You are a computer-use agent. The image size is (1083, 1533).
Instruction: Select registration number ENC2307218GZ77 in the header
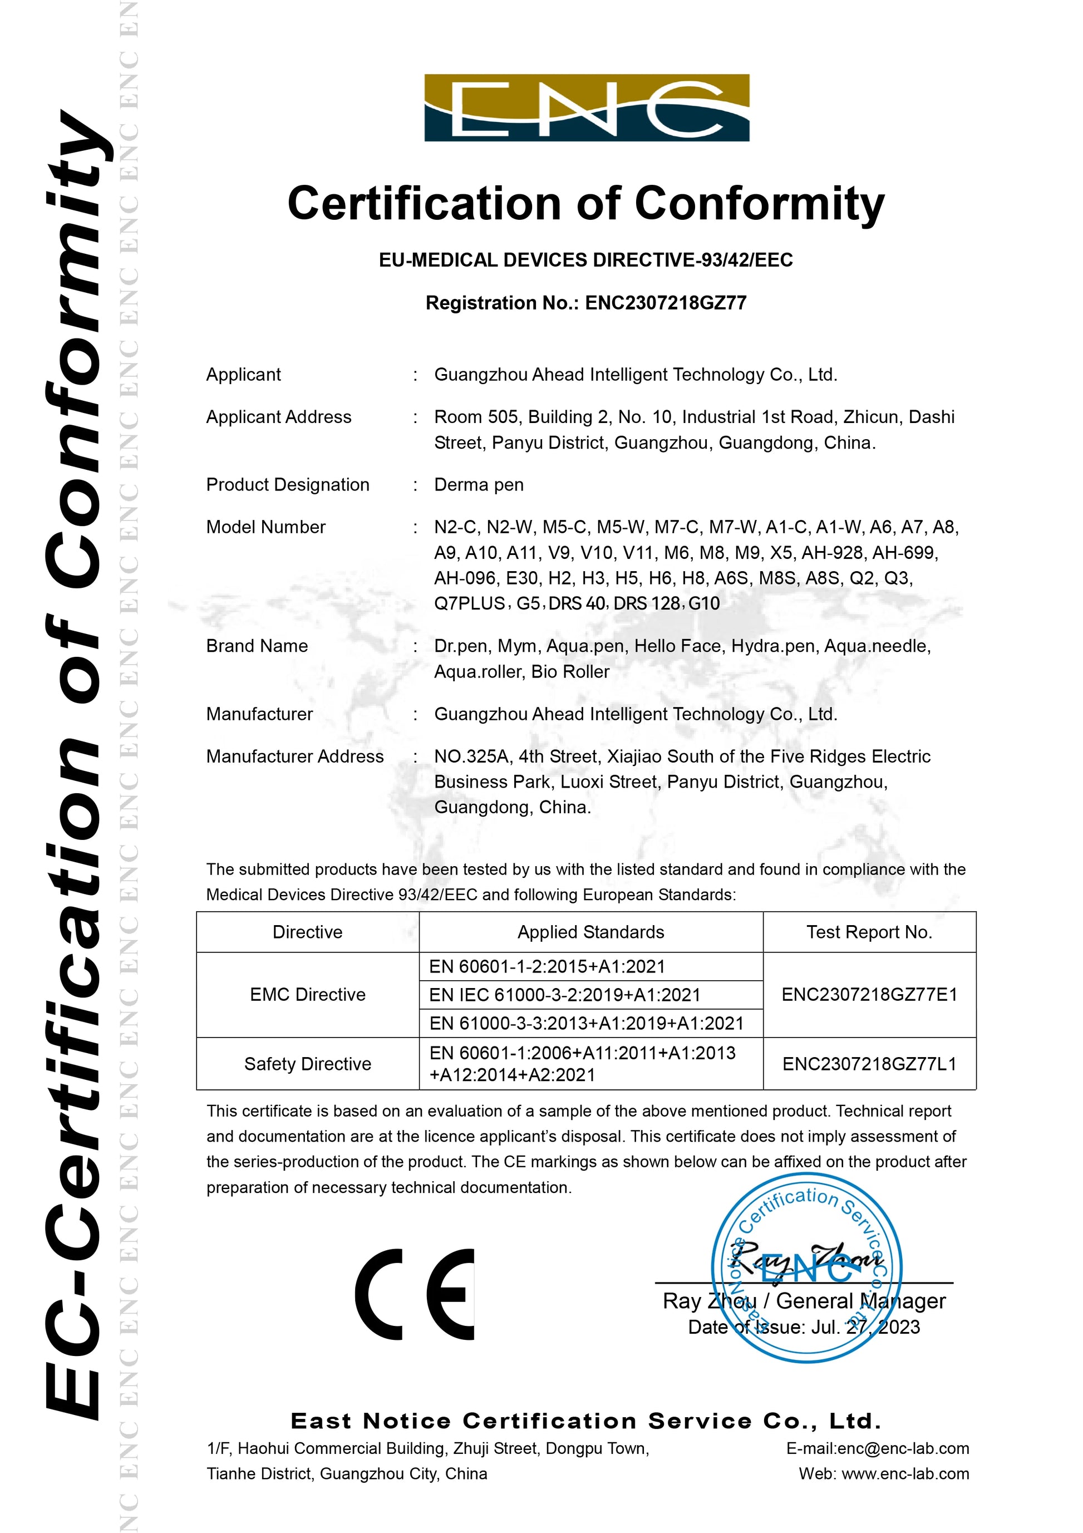[x=666, y=303]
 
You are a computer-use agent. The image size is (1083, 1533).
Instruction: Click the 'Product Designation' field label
[x=287, y=485]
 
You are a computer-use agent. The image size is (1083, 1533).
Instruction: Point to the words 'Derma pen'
[x=479, y=485]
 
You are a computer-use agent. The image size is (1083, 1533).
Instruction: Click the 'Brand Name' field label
[x=257, y=646]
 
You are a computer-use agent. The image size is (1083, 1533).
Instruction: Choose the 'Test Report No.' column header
[x=869, y=932]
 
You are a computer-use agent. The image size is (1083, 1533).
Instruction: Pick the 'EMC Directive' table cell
[x=308, y=994]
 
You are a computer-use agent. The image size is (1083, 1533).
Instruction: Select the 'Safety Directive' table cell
[x=308, y=1064]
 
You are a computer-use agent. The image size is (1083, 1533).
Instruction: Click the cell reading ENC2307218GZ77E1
[x=869, y=994]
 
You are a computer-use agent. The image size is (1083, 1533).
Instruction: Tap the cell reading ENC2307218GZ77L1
[x=869, y=1064]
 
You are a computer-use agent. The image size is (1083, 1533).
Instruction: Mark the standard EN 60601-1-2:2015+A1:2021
[x=547, y=966]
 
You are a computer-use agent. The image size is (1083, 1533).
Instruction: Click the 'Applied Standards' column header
[x=591, y=932]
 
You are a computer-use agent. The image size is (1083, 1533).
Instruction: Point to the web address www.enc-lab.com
[x=905, y=1473]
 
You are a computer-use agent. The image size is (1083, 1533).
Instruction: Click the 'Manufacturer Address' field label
[x=294, y=756]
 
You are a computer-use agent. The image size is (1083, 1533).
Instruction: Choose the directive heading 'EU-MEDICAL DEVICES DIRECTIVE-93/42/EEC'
[x=585, y=260]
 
